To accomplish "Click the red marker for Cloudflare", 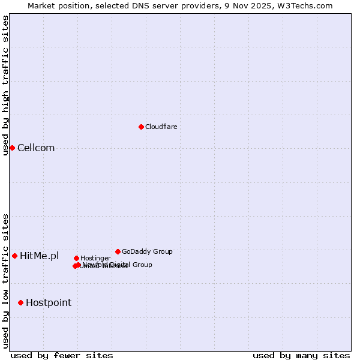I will click(x=141, y=127).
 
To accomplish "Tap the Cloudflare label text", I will click(x=161, y=127).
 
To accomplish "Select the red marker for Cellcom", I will click(x=12, y=148).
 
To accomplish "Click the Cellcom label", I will click(x=36, y=148).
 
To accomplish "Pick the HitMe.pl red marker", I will click(x=14, y=256).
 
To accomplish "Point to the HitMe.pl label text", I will click(x=40, y=256).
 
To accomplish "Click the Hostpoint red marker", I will click(x=20, y=302).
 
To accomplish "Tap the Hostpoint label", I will click(x=49, y=303).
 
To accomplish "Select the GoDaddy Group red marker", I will click(x=118, y=251).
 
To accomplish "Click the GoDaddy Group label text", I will click(x=147, y=251).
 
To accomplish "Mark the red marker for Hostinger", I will click(x=76, y=258).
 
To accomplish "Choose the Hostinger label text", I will click(x=95, y=258).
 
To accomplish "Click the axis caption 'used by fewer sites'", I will click(x=62, y=355).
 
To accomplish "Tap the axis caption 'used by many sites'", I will click(x=301, y=355).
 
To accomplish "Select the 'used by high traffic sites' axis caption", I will click(x=5, y=85).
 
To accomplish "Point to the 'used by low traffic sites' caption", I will click(x=5, y=280).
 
